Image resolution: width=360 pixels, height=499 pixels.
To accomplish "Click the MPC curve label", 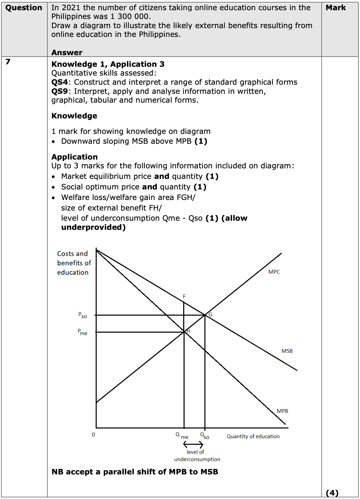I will [x=274, y=272].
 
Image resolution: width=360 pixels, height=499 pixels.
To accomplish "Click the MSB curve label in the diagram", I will [x=287, y=351].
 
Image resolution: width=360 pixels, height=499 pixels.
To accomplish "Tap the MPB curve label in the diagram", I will [x=282, y=411].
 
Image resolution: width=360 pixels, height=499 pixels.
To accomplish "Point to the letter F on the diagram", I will [x=184, y=297].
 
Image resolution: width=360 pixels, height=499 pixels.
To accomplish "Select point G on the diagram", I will [x=210, y=315].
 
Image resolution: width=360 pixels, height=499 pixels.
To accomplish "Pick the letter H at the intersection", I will [x=188, y=331].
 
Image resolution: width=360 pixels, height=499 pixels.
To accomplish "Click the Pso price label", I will [x=82, y=315].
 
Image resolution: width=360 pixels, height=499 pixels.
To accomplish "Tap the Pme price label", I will [x=82, y=332].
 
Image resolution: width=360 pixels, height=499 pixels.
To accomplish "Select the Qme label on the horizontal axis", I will [x=182, y=436].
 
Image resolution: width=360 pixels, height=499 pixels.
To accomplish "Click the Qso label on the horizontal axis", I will [x=205, y=436].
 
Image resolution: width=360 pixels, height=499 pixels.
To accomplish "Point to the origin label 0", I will [x=93, y=435].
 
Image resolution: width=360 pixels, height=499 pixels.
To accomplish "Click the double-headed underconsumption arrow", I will [x=193, y=445].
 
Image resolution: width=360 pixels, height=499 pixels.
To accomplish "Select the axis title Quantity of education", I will [x=253, y=436].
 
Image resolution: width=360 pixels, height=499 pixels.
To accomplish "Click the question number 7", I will [x=8, y=62].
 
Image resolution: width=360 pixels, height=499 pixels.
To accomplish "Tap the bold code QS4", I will [x=59, y=82].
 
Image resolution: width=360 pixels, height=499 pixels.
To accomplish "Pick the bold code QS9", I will [x=59, y=91].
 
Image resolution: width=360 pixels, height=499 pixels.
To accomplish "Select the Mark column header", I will [x=336, y=8].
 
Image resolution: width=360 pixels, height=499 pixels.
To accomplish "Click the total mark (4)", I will [x=332, y=493].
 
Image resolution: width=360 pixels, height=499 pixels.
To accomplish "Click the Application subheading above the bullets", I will [x=75, y=157].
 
